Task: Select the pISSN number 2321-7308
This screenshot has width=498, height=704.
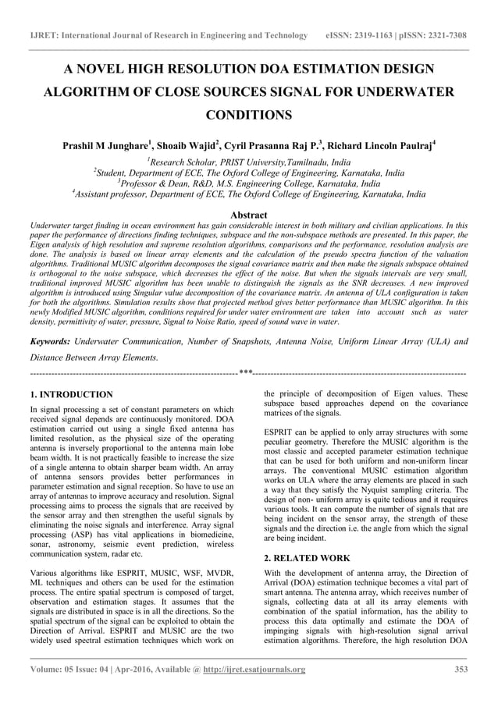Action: tap(443, 36)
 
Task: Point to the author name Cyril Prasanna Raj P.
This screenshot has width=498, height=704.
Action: tap(273, 145)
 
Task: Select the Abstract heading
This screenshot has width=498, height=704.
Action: tap(249, 215)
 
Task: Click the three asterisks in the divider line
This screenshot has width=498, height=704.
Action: tap(246, 373)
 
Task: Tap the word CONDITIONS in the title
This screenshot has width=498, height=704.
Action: tap(249, 116)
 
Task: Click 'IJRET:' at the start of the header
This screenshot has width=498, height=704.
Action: tap(41, 36)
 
